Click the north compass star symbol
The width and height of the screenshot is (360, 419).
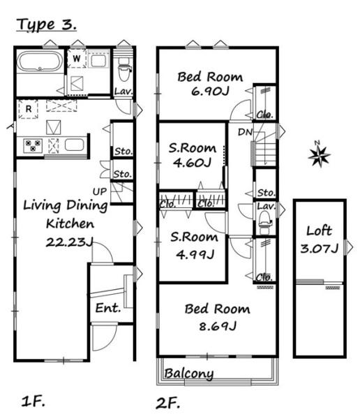[x=319, y=155]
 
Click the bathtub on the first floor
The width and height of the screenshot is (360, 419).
[x=40, y=61]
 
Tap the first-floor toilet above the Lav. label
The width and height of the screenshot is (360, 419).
[x=124, y=71]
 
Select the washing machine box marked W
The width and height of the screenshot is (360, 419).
[x=77, y=58]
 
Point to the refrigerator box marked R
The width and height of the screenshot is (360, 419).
[x=29, y=109]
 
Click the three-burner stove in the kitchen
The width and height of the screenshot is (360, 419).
[x=33, y=146]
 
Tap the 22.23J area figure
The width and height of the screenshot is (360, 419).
[x=70, y=242]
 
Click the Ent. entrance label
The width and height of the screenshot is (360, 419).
[x=108, y=308]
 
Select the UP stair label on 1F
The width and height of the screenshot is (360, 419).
[x=100, y=191]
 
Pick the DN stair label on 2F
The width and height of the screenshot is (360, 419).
[x=245, y=132]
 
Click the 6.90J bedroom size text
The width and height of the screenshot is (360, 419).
[x=210, y=91]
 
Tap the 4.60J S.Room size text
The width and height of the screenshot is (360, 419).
[x=192, y=163]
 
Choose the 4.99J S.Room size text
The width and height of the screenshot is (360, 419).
[x=195, y=254]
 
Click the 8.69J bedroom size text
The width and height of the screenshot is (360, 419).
[x=218, y=326]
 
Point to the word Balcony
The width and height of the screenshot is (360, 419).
[x=189, y=374]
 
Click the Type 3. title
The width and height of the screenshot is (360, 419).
[x=47, y=24]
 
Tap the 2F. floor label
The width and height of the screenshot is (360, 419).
[x=167, y=403]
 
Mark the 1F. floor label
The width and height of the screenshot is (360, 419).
[x=33, y=401]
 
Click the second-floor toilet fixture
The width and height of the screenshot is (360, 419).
[x=264, y=220]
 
